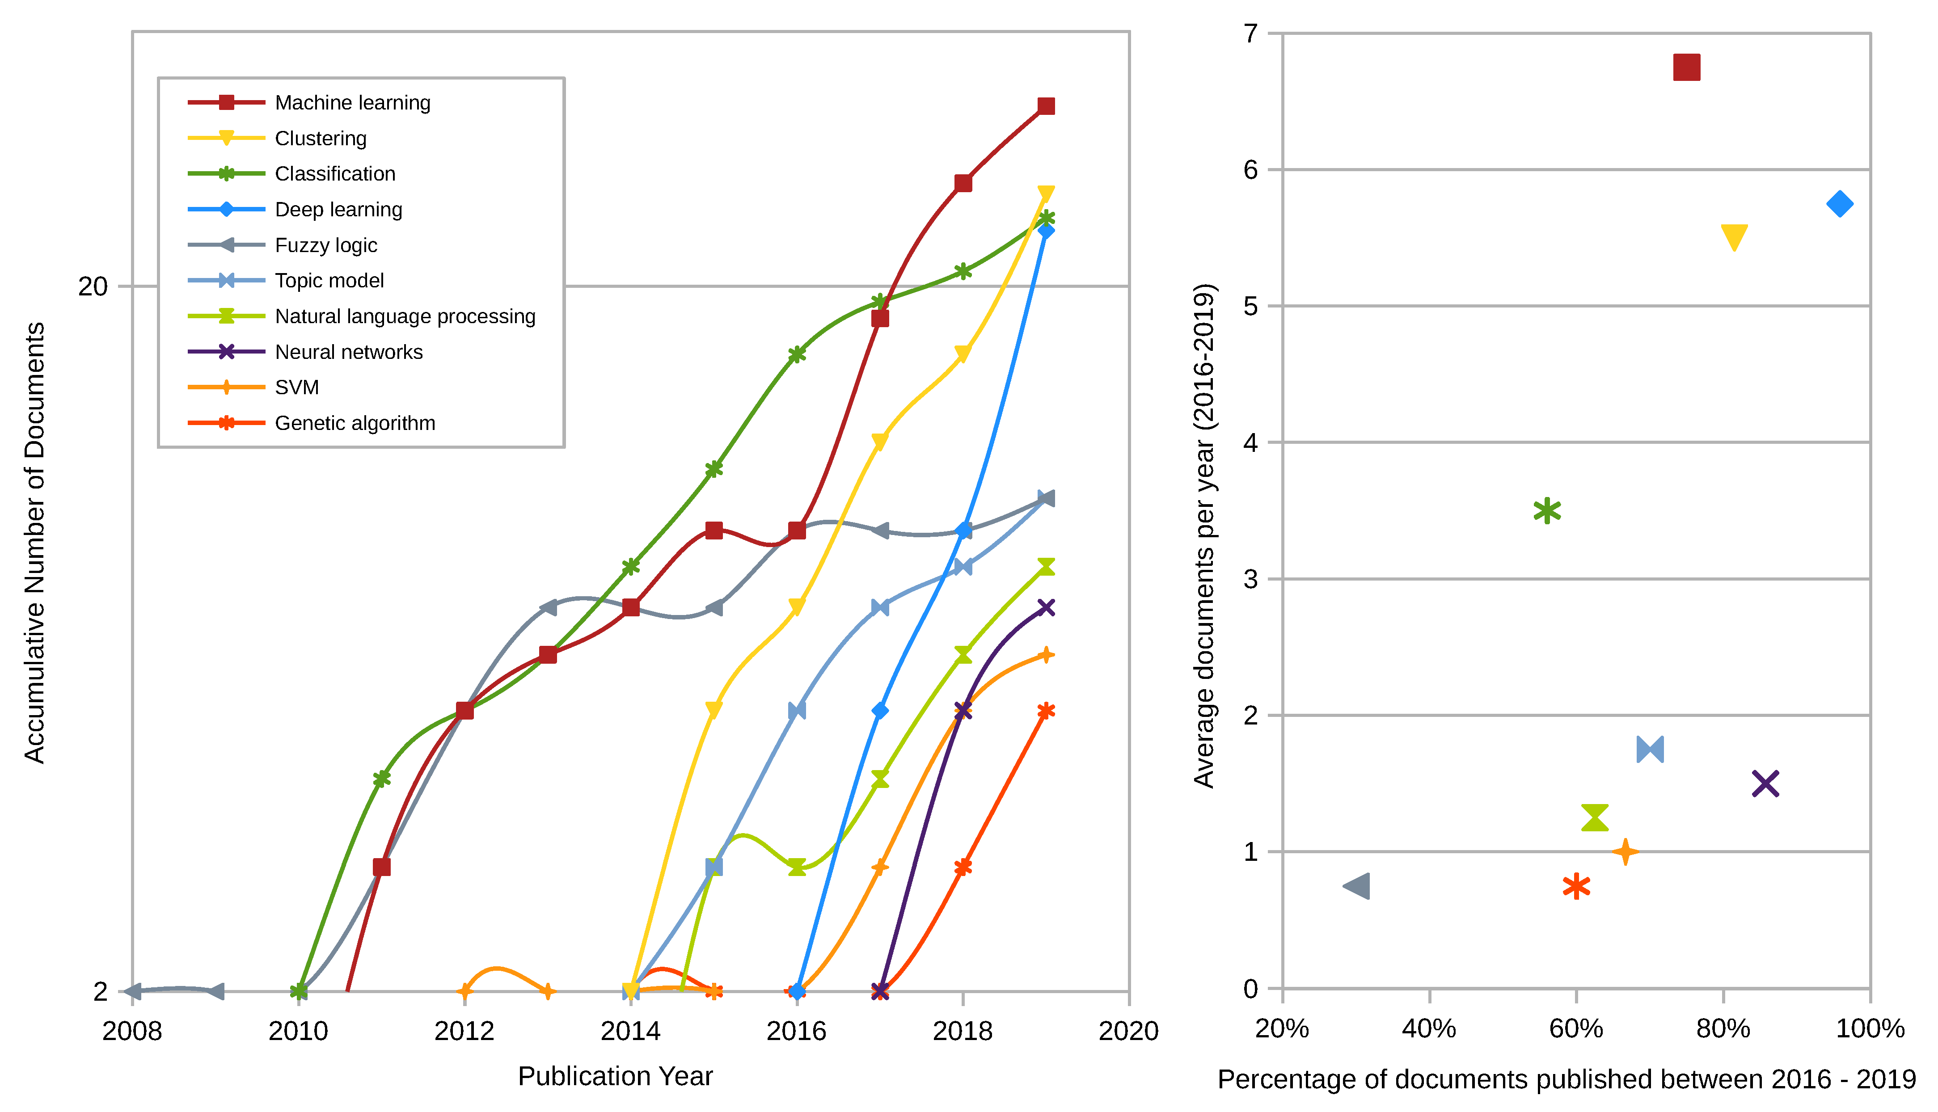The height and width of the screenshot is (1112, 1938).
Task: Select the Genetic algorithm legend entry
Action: (355, 423)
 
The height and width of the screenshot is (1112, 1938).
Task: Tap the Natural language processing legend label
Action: (405, 316)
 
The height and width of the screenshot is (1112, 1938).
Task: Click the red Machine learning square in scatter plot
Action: (1686, 67)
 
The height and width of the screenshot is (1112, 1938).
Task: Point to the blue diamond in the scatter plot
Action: (1840, 204)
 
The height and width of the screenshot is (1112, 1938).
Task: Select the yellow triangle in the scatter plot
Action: (1734, 237)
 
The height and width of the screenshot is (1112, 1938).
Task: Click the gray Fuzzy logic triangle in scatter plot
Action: (1357, 886)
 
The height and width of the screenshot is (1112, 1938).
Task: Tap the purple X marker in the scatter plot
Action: (1765, 783)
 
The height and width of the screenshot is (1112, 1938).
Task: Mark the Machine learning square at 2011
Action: (382, 867)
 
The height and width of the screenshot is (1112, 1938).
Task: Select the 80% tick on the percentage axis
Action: (1723, 1029)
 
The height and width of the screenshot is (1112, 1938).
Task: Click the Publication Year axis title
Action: (615, 1076)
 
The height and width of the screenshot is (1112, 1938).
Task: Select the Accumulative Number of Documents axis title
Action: (34, 542)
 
